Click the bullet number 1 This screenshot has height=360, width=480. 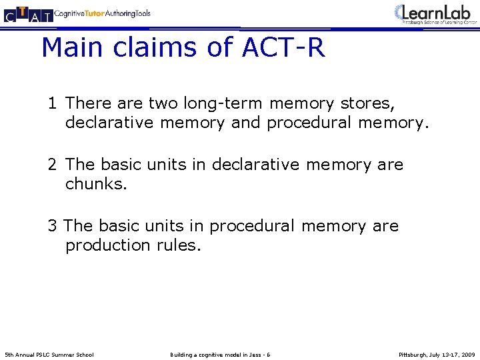click(x=52, y=103)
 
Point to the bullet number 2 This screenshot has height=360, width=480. click(x=52, y=165)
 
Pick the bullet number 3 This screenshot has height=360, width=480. click(x=52, y=226)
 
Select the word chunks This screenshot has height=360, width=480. click(x=95, y=183)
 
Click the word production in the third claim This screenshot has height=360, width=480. click(x=109, y=245)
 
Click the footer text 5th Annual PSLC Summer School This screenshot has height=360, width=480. click(x=49, y=354)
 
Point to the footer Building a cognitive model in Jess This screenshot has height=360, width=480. click(x=220, y=354)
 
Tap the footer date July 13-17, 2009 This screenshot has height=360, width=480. click(x=455, y=354)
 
